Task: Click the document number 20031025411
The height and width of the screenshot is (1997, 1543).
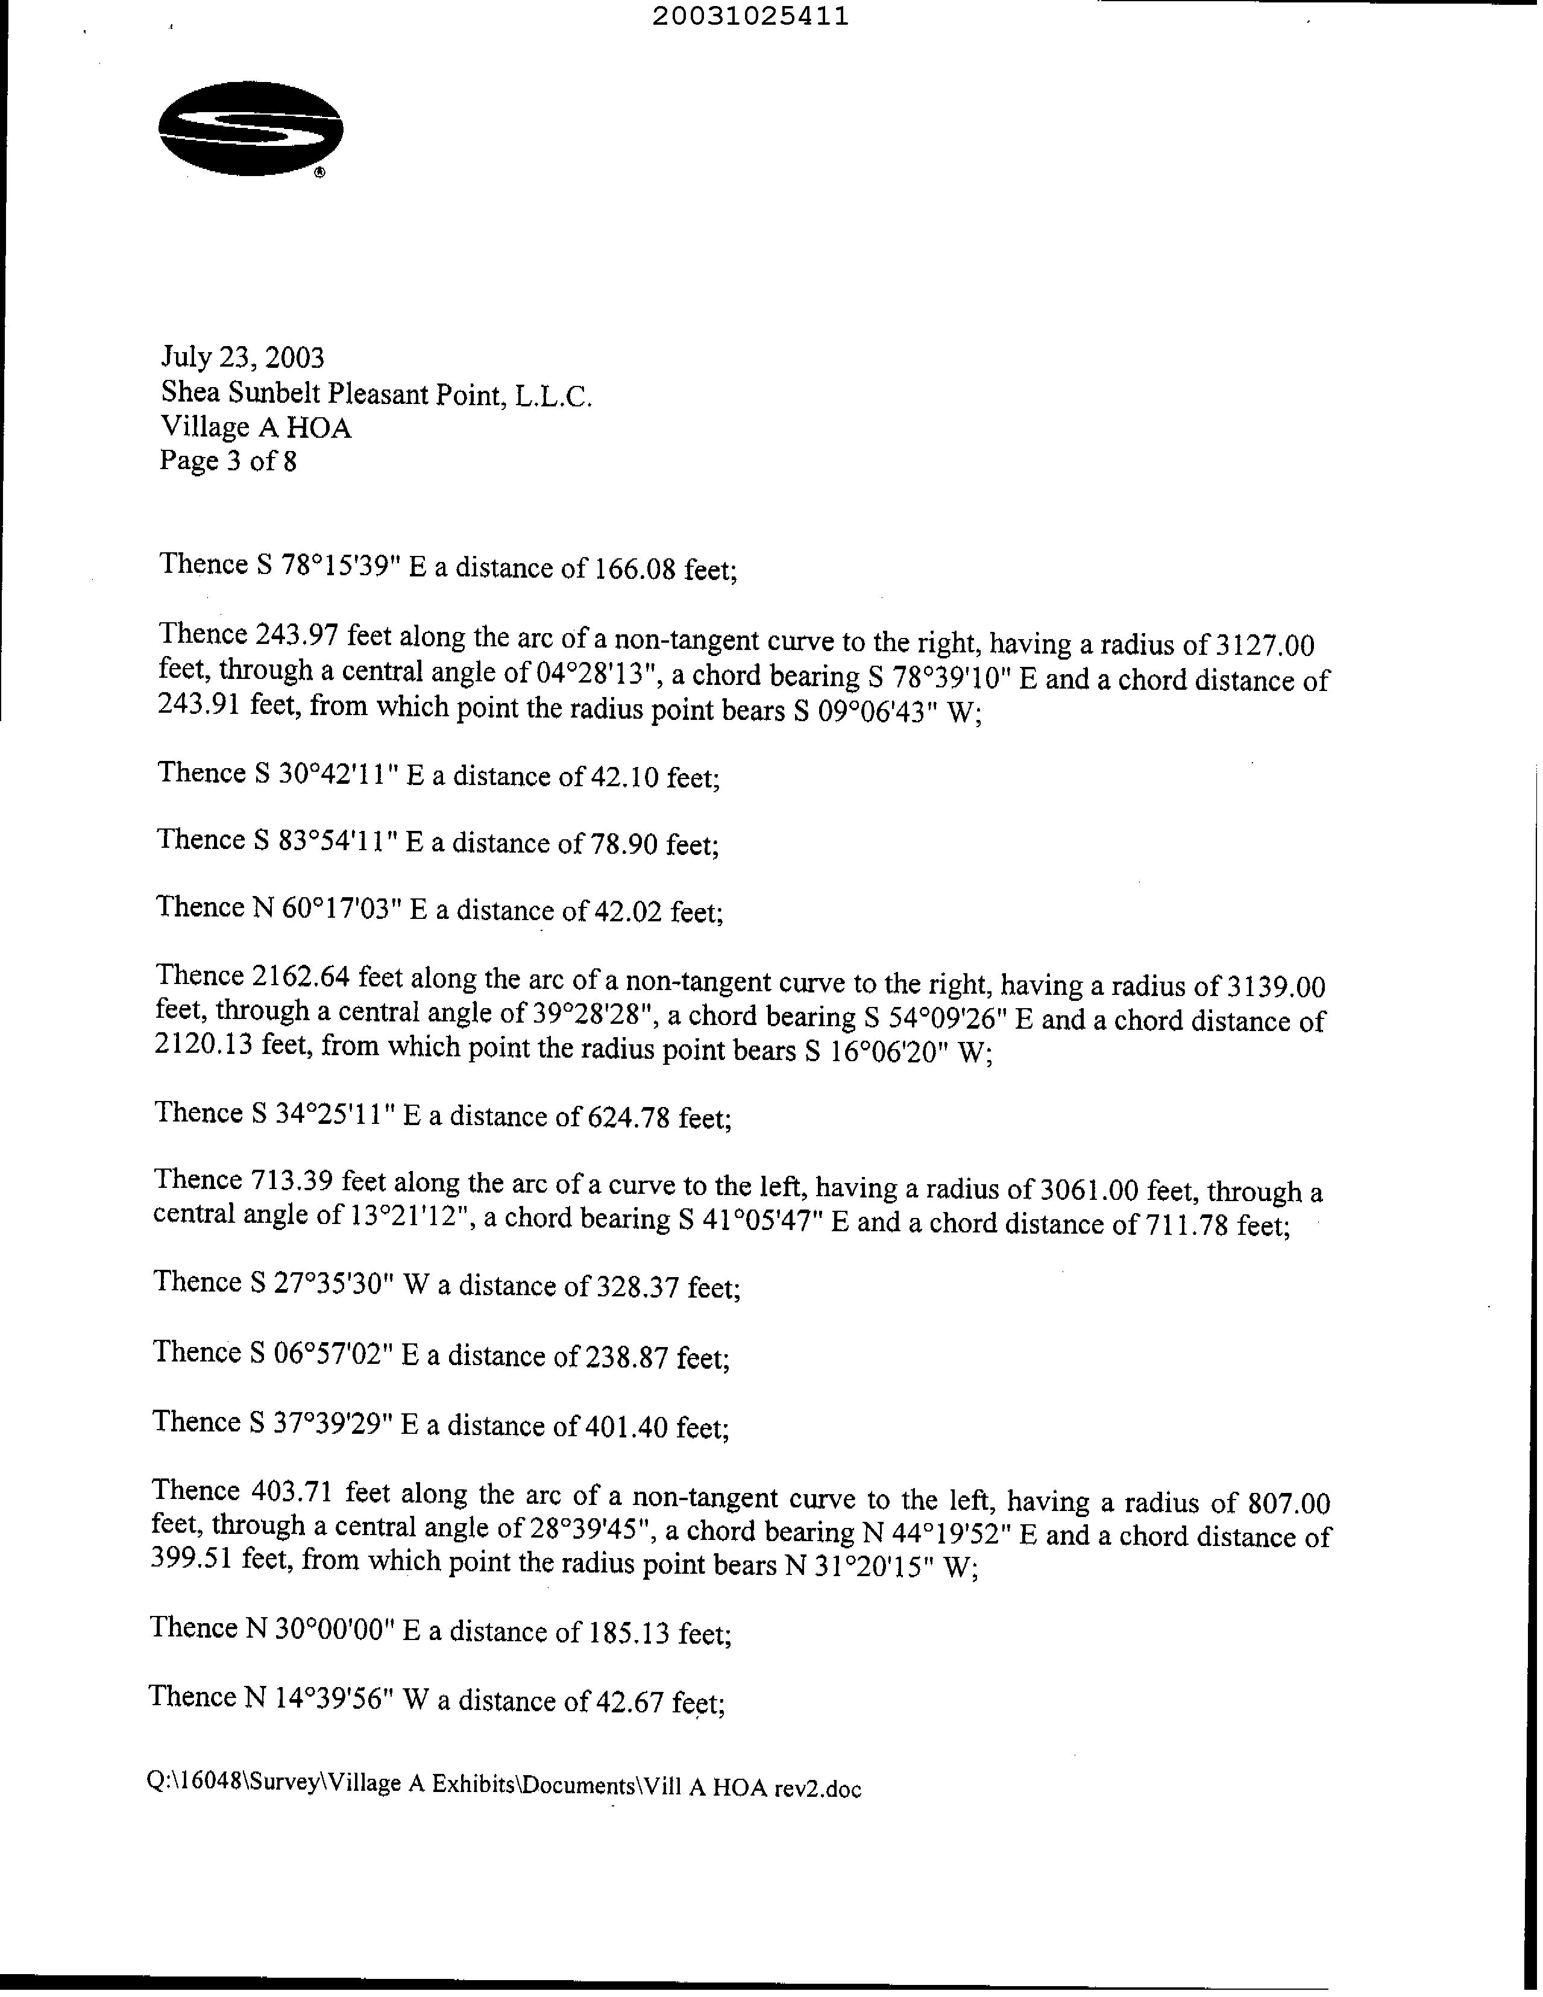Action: [x=750, y=16]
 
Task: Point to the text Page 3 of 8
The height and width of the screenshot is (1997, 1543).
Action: [x=228, y=461]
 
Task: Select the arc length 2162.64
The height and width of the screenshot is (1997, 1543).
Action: [x=299, y=977]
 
